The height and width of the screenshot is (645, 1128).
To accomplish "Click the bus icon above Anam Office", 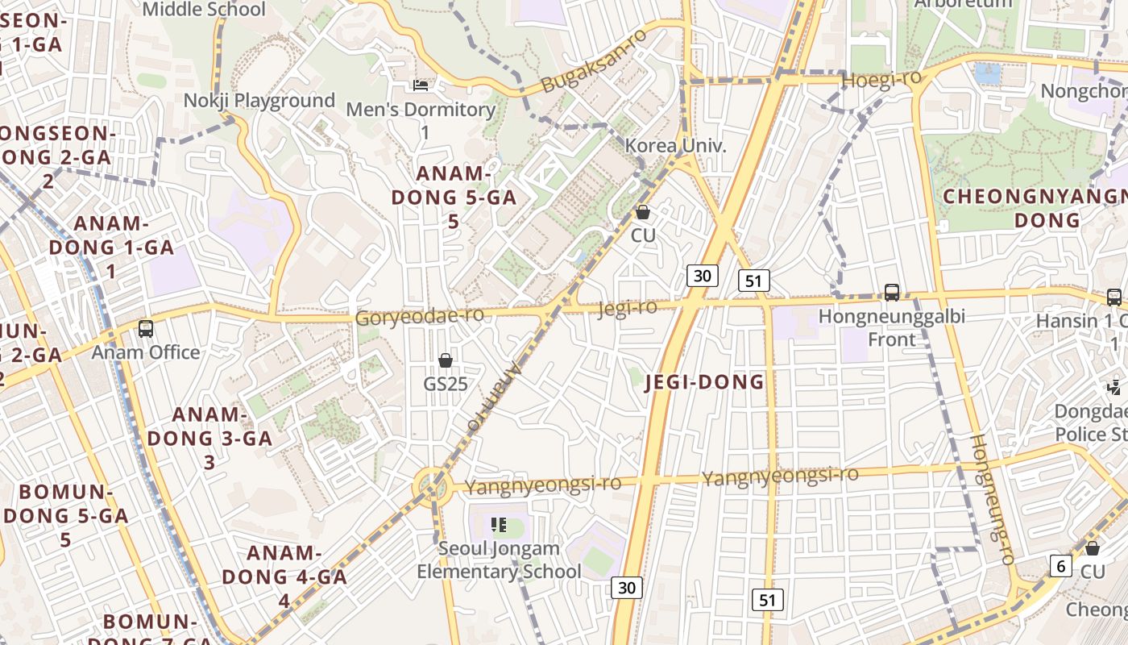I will pyautogui.click(x=146, y=328).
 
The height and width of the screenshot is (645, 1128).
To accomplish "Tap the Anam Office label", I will pyautogui.click(x=146, y=352).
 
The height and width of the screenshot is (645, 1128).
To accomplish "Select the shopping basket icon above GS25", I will pyautogui.click(x=446, y=360).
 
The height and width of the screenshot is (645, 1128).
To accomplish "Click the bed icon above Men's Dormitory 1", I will pyautogui.click(x=421, y=85).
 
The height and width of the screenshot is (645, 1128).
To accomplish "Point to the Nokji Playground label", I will pyautogui.click(x=259, y=101).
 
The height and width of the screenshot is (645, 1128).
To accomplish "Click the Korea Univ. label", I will pyautogui.click(x=676, y=146).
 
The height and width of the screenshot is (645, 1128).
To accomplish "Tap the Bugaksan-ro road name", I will pyautogui.click(x=594, y=60).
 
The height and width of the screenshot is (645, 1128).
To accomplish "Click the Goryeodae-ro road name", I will pyautogui.click(x=420, y=316).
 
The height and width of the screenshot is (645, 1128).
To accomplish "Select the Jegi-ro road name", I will pyautogui.click(x=628, y=307).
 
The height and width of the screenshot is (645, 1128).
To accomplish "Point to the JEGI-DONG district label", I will pyautogui.click(x=705, y=382).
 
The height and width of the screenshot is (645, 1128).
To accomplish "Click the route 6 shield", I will pyautogui.click(x=1061, y=566).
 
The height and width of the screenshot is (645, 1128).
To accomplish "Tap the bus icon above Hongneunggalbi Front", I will pyautogui.click(x=892, y=293).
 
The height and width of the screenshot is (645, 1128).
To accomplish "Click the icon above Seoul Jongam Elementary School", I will pyautogui.click(x=499, y=526).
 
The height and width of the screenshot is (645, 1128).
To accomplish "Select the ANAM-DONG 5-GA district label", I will pyautogui.click(x=454, y=197).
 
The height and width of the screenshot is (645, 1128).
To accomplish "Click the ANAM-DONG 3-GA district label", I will pyautogui.click(x=209, y=438).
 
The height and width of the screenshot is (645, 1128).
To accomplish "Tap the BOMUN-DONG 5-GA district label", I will pyautogui.click(x=64, y=515).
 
